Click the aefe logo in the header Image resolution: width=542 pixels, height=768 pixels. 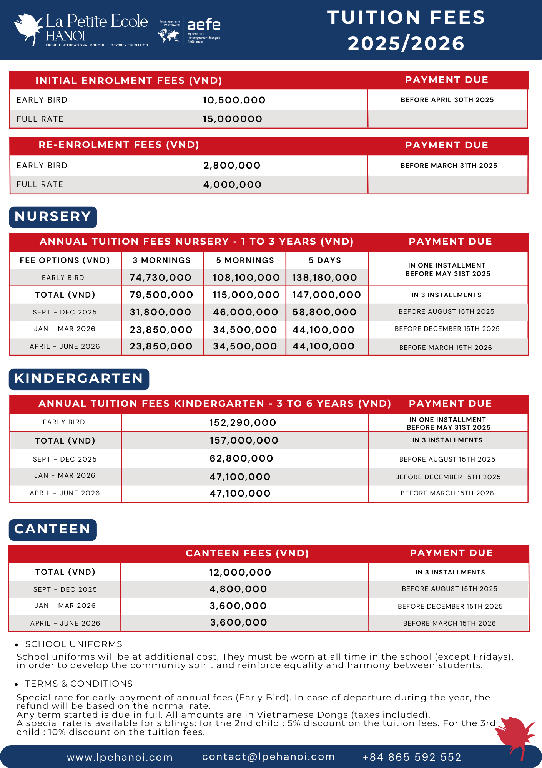point(203,30)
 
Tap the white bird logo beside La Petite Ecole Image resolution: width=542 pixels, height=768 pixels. point(28,29)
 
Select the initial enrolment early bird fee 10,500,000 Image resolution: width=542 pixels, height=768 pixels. point(234,100)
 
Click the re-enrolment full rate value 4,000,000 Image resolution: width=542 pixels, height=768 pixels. point(232,185)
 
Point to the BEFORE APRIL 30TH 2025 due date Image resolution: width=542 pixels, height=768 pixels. point(447,100)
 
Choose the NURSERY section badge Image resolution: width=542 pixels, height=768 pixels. point(53,217)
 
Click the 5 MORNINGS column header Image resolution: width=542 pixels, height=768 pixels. point(245,260)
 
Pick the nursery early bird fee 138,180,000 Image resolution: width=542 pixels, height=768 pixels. point(324,278)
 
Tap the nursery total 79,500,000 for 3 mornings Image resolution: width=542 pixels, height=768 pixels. point(161,295)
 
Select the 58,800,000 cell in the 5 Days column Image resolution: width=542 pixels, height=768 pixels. point(324,312)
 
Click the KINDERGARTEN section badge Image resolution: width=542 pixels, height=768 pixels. point(79,379)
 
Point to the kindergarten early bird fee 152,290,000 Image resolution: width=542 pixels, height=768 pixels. point(243,423)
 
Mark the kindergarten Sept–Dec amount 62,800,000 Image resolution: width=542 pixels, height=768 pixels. point(241,458)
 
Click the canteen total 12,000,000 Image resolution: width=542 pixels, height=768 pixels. point(240,573)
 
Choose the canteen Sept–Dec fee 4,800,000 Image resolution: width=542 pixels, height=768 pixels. point(238,589)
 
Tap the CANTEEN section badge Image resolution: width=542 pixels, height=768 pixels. point(53,530)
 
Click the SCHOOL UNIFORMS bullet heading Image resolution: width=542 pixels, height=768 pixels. point(73,644)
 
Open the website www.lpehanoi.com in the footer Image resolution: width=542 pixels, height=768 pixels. point(120,757)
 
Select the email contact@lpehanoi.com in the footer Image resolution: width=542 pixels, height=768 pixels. point(268,756)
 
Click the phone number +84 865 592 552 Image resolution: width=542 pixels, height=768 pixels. point(412,757)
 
